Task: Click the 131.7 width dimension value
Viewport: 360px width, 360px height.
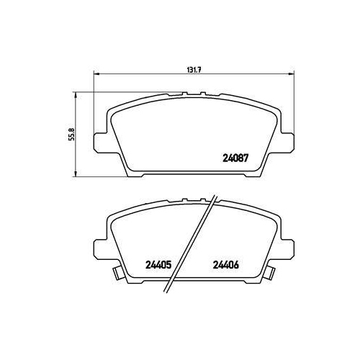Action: (x=194, y=70)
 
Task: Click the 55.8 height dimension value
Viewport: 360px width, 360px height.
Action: (x=73, y=134)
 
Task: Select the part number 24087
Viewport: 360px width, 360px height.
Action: (x=235, y=158)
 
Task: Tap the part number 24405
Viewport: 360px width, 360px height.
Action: (x=158, y=265)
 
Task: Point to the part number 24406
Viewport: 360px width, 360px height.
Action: (x=226, y=265)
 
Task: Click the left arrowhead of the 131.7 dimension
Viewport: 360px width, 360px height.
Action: (x=96, y=74)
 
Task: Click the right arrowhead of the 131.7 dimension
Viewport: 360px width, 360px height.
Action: (x=291, y=74)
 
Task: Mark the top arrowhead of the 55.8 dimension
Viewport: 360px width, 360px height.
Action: (x=76, y=95)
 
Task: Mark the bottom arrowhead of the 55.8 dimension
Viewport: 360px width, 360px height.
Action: (x=76, y=174)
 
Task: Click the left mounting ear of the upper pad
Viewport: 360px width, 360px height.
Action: (x=99, y=143)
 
